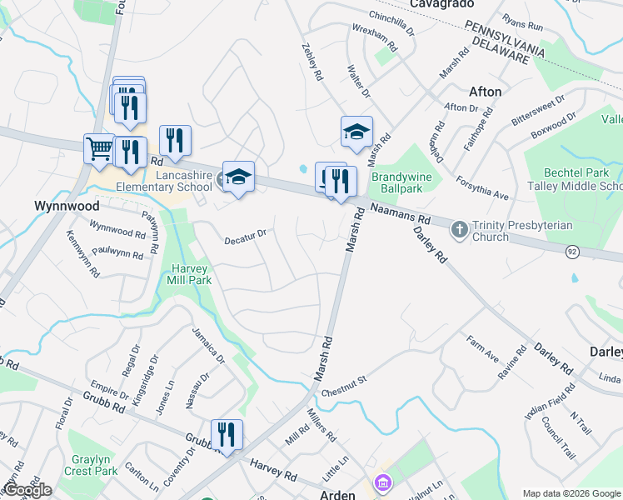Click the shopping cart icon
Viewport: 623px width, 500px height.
click(x=99, y=148)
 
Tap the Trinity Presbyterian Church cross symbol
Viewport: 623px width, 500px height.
click(x=458, y=228)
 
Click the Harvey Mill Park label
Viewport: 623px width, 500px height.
click(x=192, y=274)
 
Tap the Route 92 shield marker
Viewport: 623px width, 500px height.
click(x=571, y=250)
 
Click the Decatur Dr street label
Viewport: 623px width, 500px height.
click(x=245, y=237)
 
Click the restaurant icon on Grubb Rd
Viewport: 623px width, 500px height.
click(x=226, y=434)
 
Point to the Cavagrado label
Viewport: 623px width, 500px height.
click(x=441, y=5)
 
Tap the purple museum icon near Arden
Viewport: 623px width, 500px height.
click(x=382, y=482)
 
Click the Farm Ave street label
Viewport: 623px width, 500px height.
click(x=482, y=349)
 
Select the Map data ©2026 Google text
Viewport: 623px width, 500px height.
click(x=571, y=493)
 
